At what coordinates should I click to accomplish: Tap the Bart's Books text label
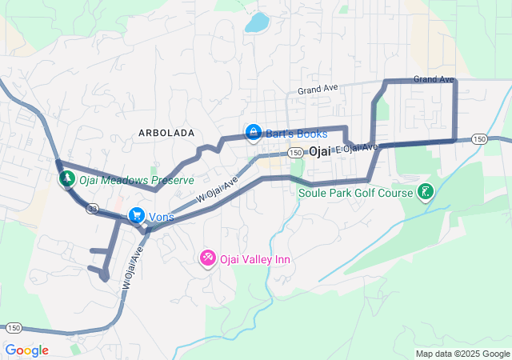[296, 134]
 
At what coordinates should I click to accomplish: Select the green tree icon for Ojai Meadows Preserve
[66, 178]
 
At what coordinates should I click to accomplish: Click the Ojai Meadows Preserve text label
[136, 180]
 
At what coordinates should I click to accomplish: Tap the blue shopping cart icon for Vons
[136, 215]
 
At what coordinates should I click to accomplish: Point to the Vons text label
[161, 217]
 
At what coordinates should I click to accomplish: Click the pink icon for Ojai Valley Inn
[208, 258]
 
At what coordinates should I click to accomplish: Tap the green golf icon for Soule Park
[426, 191]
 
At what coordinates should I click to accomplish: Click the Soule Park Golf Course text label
[355, 193]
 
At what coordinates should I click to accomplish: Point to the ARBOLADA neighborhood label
[166, 133]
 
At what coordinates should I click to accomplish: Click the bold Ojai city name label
[319, 151]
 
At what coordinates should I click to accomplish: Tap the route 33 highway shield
[93, 209]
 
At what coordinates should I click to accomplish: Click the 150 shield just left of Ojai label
[296, 152]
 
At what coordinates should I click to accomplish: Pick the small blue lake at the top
[256, 22]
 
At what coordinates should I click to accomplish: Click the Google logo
[26, 350]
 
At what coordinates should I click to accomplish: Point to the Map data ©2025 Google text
[462, 354]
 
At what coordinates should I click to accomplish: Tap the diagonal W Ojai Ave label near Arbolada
[218, 190]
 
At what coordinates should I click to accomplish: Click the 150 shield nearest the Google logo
[14, 328]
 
